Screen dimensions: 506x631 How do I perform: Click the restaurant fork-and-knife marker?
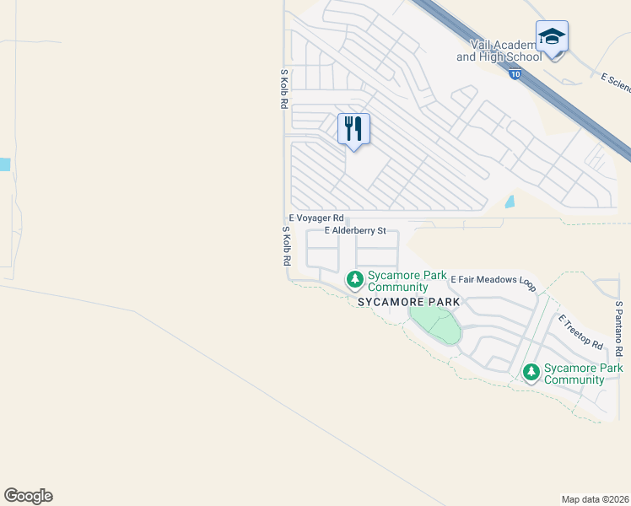pyautogui.click(x=353, y=129)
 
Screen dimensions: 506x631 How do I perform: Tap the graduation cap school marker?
pyautogui.click(x=552, y=37)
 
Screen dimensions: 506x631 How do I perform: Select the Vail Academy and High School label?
pyautogui.click(x=499, y=51)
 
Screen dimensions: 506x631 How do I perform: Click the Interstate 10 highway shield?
pyautogui.click(x=515, y=75)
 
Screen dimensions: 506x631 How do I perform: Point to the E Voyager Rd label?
pyautogui.click(x=316, y=218)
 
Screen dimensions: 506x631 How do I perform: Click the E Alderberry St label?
pyautogui.click(x=355, y=230)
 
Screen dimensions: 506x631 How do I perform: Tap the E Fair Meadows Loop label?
pyautogui.click(x=493, y=279)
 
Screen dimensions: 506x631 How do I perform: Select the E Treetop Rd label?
pyautogui.click(x=580, y=333)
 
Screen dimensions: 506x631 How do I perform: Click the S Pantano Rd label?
pyautogui.click(x=618, y=328)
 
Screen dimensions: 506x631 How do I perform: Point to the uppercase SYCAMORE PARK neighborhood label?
pyautogui.click(x=408, y=301)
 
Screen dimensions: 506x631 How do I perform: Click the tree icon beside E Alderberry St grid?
pyautogui.click(x=355, y=278)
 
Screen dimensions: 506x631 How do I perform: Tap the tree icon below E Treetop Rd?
pyautogui.click(x=531, y=371)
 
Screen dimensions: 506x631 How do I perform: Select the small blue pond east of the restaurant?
pyautogui.click(x=510, y=202)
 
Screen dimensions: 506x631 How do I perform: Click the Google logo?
pyautogui.click(x=28, y=496)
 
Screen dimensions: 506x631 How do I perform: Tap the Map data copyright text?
pyautogui.click(x=596, y=499)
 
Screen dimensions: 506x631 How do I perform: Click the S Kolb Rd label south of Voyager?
pyautogui.click(x=286, y=245)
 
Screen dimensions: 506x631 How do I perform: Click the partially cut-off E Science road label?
pyautogui.click(x=615, y=82)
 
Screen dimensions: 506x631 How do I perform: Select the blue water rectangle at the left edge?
pyautogui.click(x=4, y=164)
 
